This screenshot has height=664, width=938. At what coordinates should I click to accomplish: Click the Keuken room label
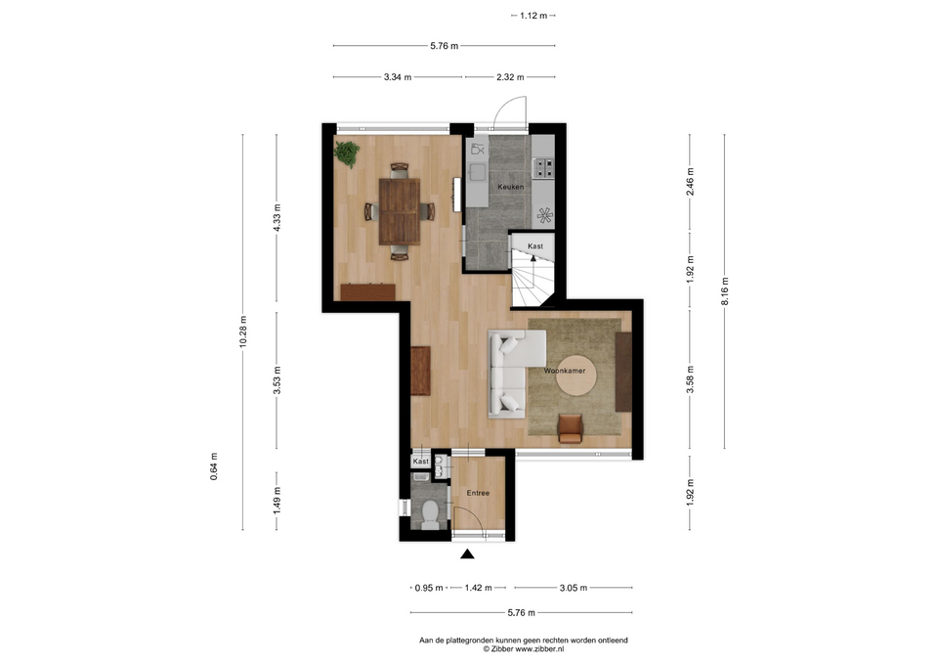point(510,187)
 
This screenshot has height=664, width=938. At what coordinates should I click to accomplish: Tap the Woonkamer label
point(564,371)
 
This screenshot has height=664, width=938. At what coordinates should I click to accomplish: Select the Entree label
point(478,494)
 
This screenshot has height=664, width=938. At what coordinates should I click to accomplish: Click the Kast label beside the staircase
point(534,246)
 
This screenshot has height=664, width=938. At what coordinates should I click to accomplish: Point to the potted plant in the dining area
point(347,154)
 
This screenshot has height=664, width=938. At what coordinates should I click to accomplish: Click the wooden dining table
point(400,212)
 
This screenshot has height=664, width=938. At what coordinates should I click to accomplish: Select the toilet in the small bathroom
point(430,514)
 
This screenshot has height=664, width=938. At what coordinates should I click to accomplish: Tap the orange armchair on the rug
point(570,428)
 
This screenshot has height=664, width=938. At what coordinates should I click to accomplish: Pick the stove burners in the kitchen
point(544,167)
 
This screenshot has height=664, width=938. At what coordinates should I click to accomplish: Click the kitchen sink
point(477,172)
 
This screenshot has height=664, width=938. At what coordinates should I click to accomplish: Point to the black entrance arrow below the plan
point(467,553)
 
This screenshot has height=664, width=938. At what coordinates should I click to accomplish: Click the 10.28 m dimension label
point(243,332)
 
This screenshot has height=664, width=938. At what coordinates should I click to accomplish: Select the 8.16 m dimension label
point(724,291)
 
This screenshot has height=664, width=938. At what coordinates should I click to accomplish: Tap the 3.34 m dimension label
point(398,77)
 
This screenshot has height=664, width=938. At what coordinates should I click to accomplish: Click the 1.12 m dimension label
point(533,16)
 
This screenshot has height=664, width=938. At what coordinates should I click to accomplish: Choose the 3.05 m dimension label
point(574,588)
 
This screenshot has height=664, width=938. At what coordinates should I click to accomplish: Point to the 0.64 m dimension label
point(214,466)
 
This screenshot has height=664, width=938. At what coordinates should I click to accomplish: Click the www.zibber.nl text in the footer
point(539,648)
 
